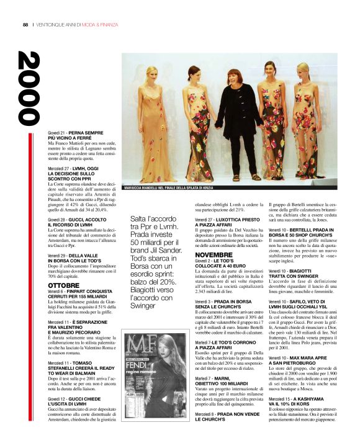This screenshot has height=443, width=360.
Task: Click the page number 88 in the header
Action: (x=25, y=25)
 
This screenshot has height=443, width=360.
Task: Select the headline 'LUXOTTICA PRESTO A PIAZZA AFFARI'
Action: (x=225, y=221)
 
